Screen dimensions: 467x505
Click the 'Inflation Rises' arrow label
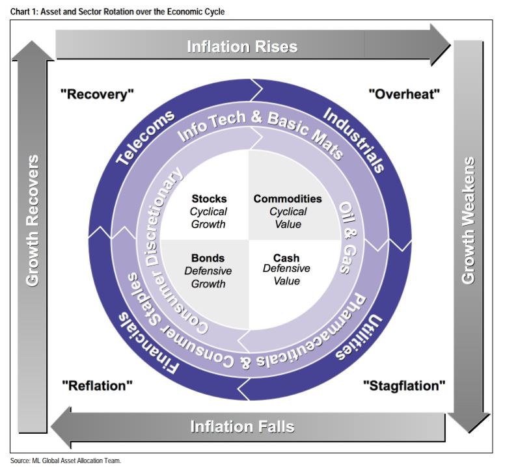(x=242, y=46)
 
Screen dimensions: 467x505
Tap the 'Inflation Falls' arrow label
(x=242, y=427)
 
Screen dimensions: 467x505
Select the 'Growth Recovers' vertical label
(x=33, y=221)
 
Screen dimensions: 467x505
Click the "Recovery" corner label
(x=97, y=94)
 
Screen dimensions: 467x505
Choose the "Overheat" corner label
(x=404, y=94)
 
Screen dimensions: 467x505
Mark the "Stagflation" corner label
(x=403, y=385)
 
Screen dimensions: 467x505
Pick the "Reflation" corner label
(x=97, y=385)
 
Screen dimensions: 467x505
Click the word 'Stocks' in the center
(x=209, y=198)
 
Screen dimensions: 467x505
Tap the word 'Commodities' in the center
(x=288, y=198)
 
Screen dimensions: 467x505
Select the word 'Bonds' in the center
(x=208, y=258)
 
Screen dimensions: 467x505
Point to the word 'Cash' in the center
(x=286, y=258)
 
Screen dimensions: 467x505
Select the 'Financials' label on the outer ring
(x=148, y=341)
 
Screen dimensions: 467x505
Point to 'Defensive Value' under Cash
(x=286, y=274)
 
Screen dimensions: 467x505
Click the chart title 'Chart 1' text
(x=117, y=11)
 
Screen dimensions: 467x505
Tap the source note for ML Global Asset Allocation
(x=66, y=460)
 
